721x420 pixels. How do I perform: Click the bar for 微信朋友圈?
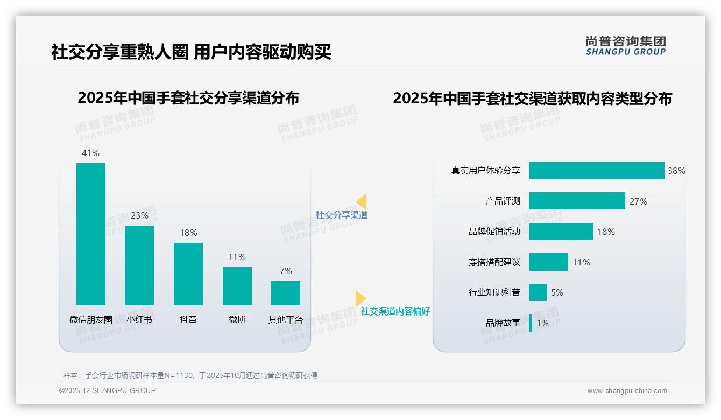pyautogui.click(x=91, y=234)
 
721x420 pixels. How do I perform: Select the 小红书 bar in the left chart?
pyautogui.click(x=139, y=265)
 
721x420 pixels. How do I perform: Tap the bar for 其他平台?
pyautogui.click(x=286, y=293)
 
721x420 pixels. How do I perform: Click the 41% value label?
pyautogui.click(x=90, y=153)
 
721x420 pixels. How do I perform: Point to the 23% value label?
pyautogui.click(x=139, y=215)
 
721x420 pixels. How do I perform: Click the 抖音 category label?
pyautogui.click(x=188, y=319)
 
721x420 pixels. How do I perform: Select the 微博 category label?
pyautogui.click(x=237, y=319)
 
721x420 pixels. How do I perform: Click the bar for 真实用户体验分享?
pyautogui.click(x=596, y=171)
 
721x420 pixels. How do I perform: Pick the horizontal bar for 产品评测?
pyautogui.click(x=577, y=201)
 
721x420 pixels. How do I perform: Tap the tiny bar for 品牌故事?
pyautogui.click(x=531, y=323)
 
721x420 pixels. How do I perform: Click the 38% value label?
pyautogui.click(x=676, y=171)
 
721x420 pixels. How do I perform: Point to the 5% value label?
pyautogui.click(x=557, y=292)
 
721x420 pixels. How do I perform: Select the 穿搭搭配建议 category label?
pyautogui.click(x=494, y=262)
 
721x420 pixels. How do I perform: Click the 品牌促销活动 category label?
pyautogui.click(x=494, y=232)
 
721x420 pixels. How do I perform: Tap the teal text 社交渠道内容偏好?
pyautogui.click(x=395, y=311)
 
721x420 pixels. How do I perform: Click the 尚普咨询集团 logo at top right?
pyautogui.click(x=625, y=46)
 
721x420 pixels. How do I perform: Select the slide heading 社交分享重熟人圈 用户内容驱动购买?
pyautogui.click(x=191, y=52)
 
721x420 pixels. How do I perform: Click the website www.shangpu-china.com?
pyautogui.click(x=627, y=391)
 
